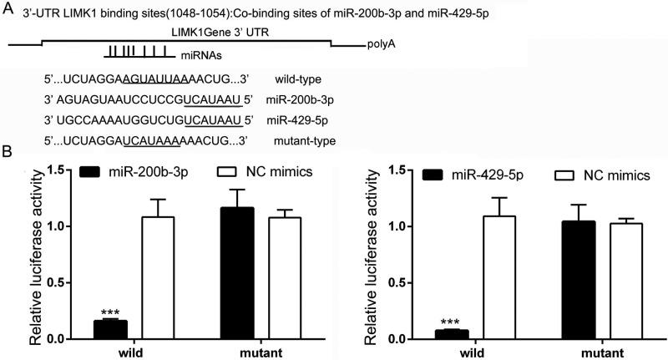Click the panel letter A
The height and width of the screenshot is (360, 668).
(x=8, y=8)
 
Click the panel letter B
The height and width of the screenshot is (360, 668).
(x=8, y=154)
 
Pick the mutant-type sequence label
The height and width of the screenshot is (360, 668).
(x=305, y=141)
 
